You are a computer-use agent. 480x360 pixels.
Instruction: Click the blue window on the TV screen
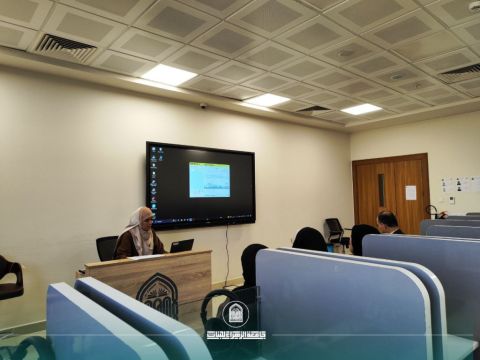tap(209, 179)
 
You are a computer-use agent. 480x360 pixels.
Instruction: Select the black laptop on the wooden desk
tap(182, 245)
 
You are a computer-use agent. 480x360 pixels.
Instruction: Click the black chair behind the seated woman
tap(106, 247)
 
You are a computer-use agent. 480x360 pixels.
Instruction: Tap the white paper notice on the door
tap(410, 192)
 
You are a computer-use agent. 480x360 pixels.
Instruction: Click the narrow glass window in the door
tap(380, 190)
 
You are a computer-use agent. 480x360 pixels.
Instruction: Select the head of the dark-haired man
tap(387, 221)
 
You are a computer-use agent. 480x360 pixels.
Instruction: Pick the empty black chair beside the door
tap(334, 231)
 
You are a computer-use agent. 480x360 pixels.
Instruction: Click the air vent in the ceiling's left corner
tap(66, 45)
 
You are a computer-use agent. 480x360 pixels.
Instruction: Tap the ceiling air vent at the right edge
tap(461, 71)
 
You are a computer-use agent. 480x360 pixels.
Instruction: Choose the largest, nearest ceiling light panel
tap(168, 75)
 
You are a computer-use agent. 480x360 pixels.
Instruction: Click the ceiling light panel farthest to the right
tap(361, 109)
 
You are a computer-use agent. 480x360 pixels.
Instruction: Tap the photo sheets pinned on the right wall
tap(460, 185)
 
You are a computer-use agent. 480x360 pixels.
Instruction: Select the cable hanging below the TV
tap(227, 245)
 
